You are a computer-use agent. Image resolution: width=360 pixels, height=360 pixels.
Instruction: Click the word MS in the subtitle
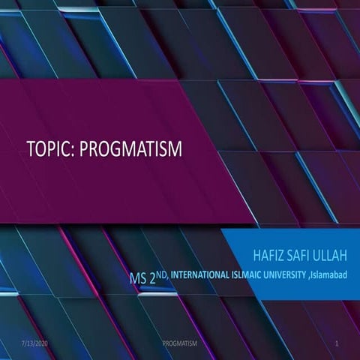(139, 280)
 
